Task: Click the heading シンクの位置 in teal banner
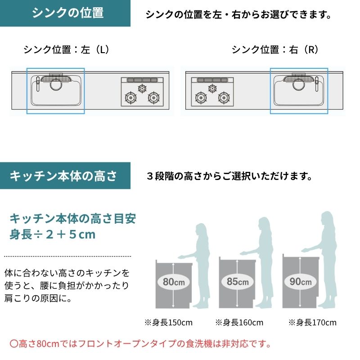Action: (x=68, y=13)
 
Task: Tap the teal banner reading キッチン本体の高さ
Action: (x=65, y=175)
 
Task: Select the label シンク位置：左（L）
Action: (x=66, y=49)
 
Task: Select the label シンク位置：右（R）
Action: (x=275, y=49)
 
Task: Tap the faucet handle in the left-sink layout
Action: (x=38, y=84)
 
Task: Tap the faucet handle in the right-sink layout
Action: (x=317, y=84)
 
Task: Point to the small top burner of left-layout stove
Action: (x=142, y=88)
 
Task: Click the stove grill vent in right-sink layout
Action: (x=212, y=80)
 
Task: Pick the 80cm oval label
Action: (x=174, y=282)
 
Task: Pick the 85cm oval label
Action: (x=238, y=282)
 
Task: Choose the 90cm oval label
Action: (x=300, y=282)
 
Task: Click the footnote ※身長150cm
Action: (x=168, y=323)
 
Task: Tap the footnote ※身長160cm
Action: (x=239, y=323)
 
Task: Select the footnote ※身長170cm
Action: (x=312, y=323)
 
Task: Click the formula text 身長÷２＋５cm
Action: (x=52, y=234)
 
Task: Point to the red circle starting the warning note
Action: (x=14, y=344)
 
